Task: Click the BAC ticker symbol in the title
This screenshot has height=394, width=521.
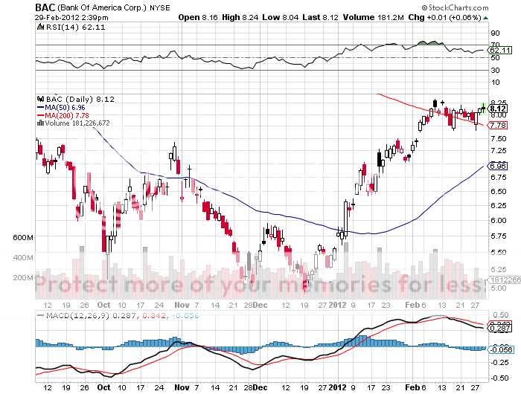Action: coord(43,6)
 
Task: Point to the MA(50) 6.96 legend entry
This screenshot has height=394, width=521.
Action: coord(64,107)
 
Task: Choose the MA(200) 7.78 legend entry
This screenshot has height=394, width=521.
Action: coord(66,115)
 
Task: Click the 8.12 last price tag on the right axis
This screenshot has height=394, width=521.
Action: coord(498,108)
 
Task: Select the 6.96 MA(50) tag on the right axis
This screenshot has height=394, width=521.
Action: coord(498,165)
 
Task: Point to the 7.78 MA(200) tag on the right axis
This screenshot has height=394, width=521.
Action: coord(498,125)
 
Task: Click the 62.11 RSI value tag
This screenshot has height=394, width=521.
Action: coord(498,50)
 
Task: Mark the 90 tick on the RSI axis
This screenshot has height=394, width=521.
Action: coord(493,33)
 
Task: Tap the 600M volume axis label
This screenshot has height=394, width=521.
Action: coord(24,237)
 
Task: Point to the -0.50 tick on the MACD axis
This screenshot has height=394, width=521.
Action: coord(498,375)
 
